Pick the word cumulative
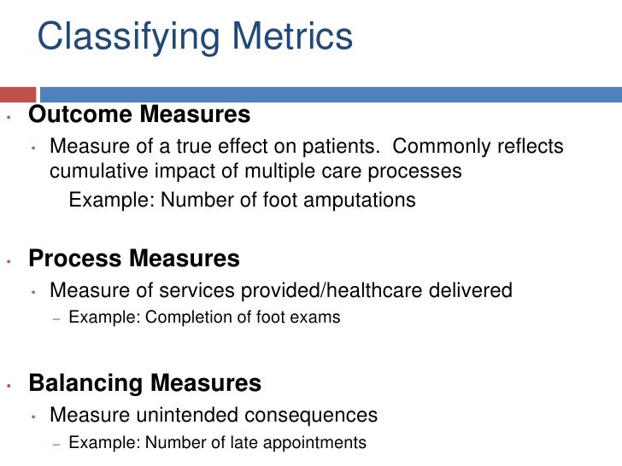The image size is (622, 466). point(101,171)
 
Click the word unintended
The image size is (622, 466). point(171,416)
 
